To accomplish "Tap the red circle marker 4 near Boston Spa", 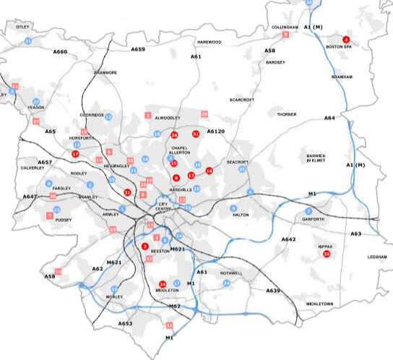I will coord(346,39).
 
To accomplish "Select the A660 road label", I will coord(60,52).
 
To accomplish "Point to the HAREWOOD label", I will coord(210,42).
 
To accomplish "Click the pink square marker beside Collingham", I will coord(286,35).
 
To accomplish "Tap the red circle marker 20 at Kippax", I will coord(327,254).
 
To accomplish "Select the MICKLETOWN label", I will coord(321,304).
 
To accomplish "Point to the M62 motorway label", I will coord(175,307).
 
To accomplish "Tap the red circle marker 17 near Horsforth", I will coord(75,154).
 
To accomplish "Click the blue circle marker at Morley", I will coord(113,289).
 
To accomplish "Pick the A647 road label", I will coord(30,197).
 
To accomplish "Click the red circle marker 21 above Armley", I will coord(127,192).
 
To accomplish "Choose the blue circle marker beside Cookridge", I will coord(108,116).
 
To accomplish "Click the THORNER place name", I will coord(286,114).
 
